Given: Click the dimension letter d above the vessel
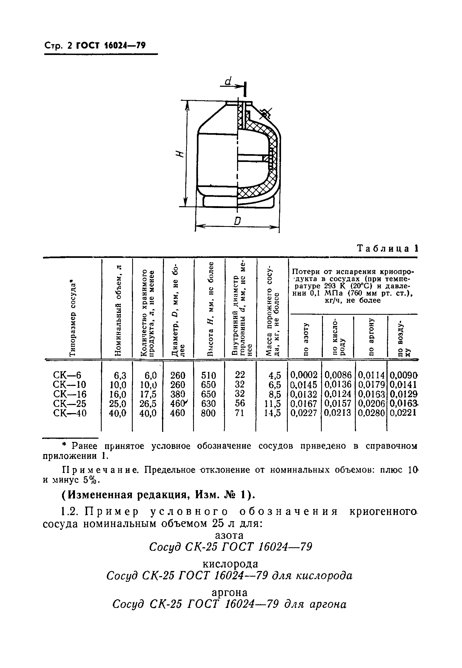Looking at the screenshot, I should [x=228, y=81].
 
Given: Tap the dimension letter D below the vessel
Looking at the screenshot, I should [x=237, y=221].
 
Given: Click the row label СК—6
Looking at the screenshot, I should [x=67, y=375].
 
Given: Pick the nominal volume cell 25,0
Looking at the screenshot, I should [x=118, y=404].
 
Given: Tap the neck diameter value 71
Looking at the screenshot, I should [x=240, y=413].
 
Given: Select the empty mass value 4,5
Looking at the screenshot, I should [x=275, y=375].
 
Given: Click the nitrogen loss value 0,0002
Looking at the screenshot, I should [x=304, y=375].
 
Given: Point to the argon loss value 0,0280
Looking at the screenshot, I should [x=371, y=413].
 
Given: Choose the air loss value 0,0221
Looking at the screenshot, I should [x=403, y=413].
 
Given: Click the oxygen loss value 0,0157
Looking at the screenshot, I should [x=338, y=404].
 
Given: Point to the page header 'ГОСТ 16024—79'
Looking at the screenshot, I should [x=111, y=46].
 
